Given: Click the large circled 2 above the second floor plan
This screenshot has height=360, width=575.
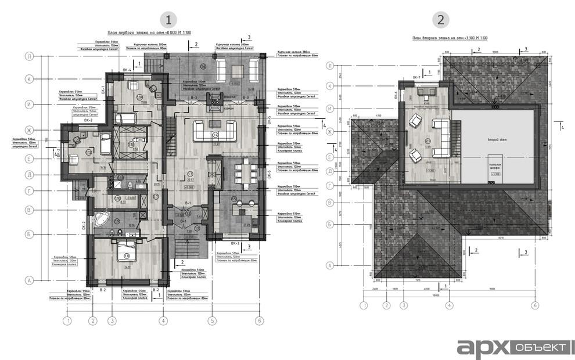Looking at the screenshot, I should click(x=441, y=19).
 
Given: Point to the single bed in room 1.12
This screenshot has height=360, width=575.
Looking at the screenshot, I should click(x=105, y=143).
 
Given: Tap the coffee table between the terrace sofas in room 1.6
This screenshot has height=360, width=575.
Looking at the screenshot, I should click(x=238, y=71).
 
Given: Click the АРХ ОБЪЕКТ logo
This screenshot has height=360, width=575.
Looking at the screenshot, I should click(x=512, y=347).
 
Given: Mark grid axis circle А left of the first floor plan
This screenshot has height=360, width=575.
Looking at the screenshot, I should click(x=28, y=280).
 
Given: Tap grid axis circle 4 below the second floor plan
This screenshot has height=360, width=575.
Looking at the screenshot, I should click(x=449, y=304).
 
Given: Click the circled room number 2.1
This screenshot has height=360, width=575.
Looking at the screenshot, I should click(x=428, y=140).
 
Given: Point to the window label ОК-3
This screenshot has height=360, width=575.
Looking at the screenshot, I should click(x=236, y=243).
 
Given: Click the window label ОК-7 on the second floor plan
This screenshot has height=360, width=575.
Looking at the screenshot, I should click(x=415, y=77).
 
